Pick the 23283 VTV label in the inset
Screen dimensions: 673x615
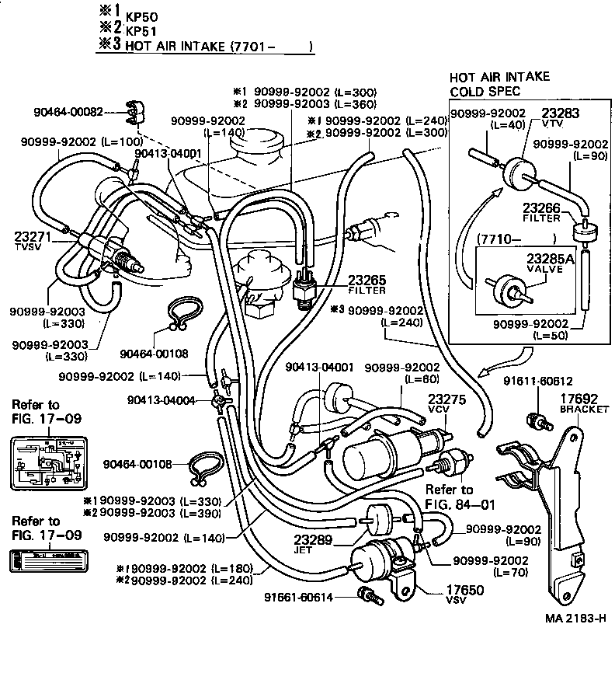tap(559, 113)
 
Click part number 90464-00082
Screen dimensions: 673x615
tap(68, 111)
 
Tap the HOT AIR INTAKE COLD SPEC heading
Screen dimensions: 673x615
tap(499, 84)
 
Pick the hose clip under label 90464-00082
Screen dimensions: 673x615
tap(135, 113)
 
